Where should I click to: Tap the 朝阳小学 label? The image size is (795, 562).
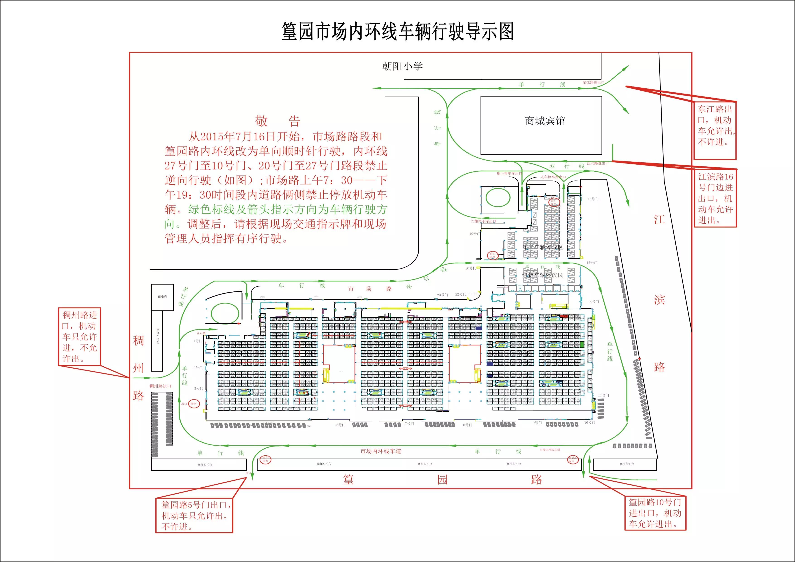[x=402, y=66]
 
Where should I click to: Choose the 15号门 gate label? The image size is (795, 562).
[x=592, y=263]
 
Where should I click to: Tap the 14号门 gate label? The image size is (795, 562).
[x=593, y=302]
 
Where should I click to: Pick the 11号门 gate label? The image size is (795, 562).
[x=603, y=395]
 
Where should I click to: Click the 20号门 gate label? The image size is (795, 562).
[x=470, y=268]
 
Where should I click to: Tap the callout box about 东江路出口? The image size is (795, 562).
[x=715, y=130]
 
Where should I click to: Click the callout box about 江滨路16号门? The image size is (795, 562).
[x=715, y=198]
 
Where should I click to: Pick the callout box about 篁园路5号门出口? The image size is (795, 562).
[x=194, y=515]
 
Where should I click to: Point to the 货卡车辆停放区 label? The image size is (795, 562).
[x=543, y=247]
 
